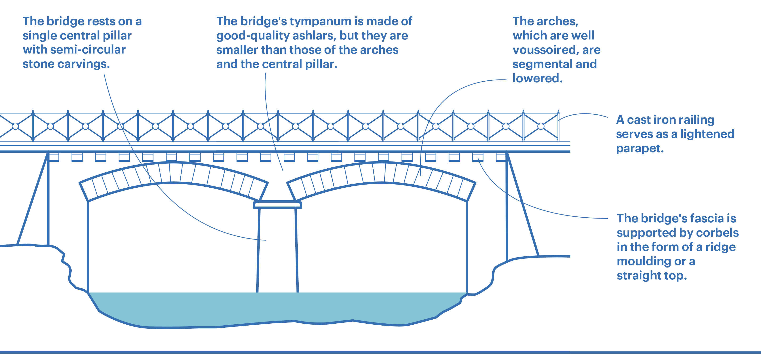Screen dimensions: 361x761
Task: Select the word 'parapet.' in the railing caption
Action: point(640,148)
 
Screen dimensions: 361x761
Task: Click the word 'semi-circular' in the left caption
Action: point(88,50)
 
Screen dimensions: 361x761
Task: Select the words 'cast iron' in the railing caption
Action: point(654,120)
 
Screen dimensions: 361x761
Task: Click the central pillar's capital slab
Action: point(277,205)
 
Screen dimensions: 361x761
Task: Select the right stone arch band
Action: point(381,173)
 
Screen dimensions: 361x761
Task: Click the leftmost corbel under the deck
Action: point(54,157)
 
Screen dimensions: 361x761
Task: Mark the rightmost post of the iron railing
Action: point(558,126)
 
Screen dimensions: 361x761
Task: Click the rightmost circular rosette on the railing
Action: point(541,126)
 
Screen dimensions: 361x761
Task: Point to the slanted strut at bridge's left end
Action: point(33,199)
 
